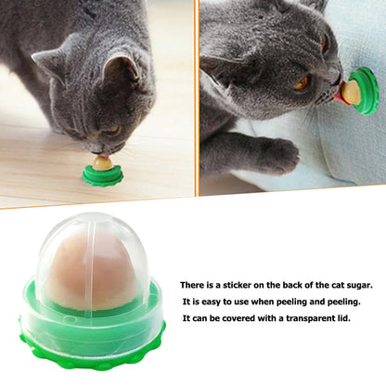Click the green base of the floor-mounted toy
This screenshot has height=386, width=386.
(x=102, y=175)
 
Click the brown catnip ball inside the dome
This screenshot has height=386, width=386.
(x=89, y=275)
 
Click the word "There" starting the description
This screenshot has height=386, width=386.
(x=191, y=285)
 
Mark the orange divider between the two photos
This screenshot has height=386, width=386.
(x=196, y=97)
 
